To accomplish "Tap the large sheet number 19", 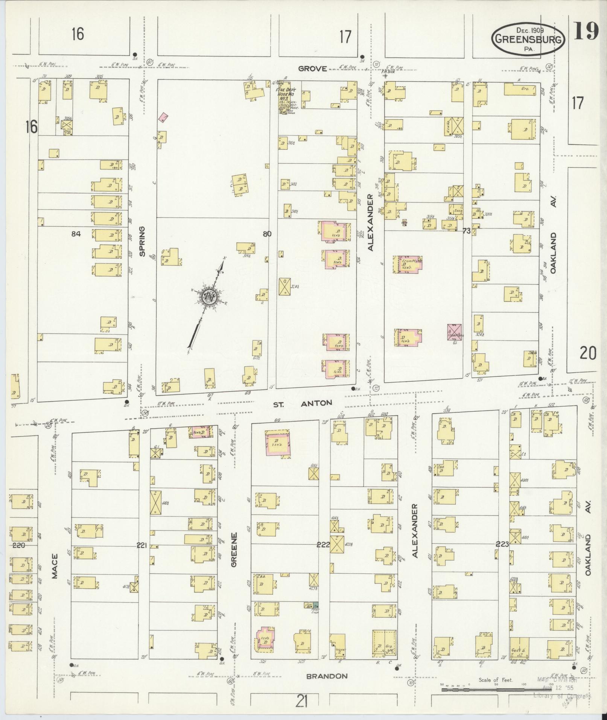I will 586,31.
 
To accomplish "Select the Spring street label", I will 142,241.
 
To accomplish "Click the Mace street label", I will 55,566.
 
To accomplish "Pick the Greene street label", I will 234,544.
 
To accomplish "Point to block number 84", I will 76,234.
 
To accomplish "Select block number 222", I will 323,544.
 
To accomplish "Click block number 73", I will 466,231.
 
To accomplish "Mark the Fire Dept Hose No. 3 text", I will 287,96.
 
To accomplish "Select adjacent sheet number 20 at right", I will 588,353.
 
